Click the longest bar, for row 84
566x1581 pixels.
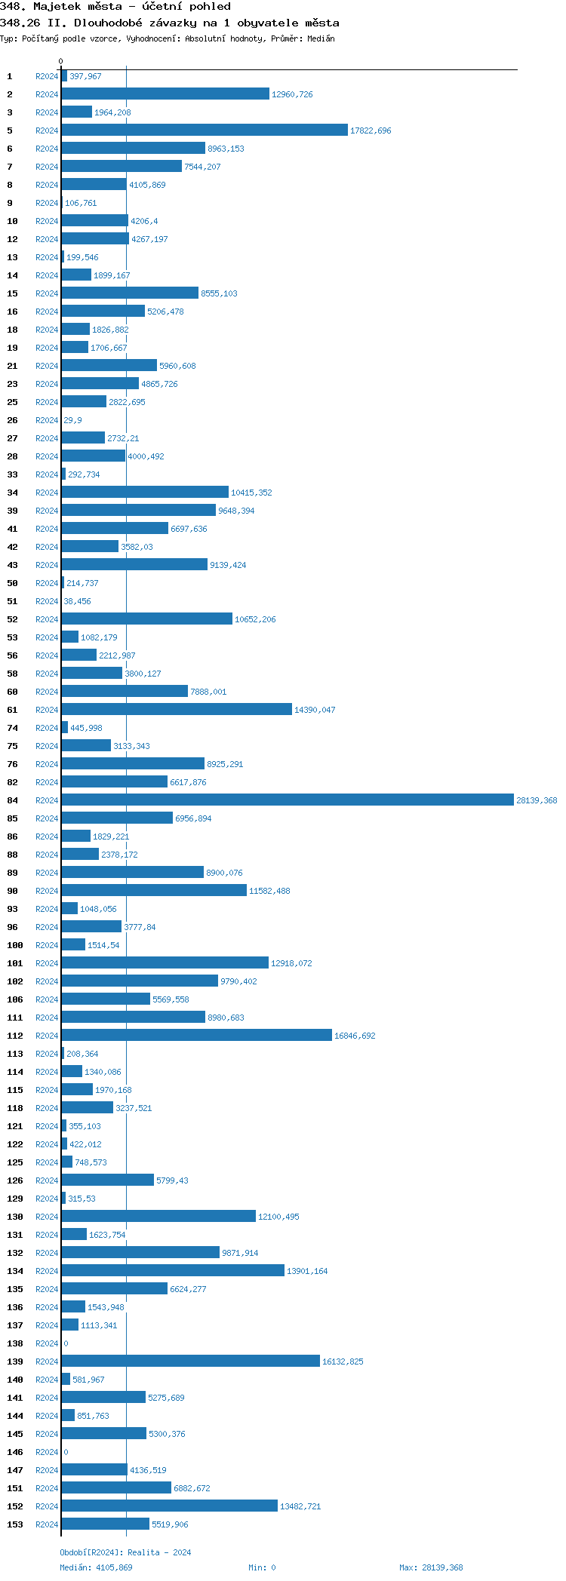click(x=287, y=800)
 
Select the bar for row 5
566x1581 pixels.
click(x=204, y=130)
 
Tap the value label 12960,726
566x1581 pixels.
click(x=292, y=95)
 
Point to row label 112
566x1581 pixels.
click(x=15, y=1036)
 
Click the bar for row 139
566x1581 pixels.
click(x=190, y=1362)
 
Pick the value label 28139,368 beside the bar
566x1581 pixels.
click(x=537, y=801)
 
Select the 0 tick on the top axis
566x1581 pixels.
click(x=61, y=62)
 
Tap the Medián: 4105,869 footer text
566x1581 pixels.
click(x=96, y=1567)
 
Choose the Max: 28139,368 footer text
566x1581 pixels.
click(x=431, y=1567)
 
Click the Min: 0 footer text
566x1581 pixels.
click(x=262, y=1567)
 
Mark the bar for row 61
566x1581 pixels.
click(x=177, y=710)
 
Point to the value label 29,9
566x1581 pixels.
click(x=72, y=421)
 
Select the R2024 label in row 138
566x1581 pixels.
click(x=47, y=1343)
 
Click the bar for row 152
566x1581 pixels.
click(x=169, y=1506)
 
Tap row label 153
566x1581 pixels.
click(x=15, y=1524)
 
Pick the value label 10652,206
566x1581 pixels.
click(x=255, y=620)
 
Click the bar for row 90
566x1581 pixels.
click(x=154, y=891)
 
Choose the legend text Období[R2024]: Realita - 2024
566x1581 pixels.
click(x=125, y=1552)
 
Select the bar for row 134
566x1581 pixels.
click(x=173, y=1271)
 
